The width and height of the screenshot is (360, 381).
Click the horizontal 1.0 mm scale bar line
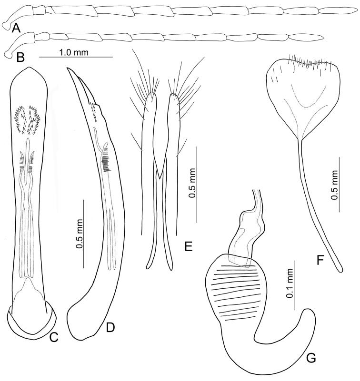75,57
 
